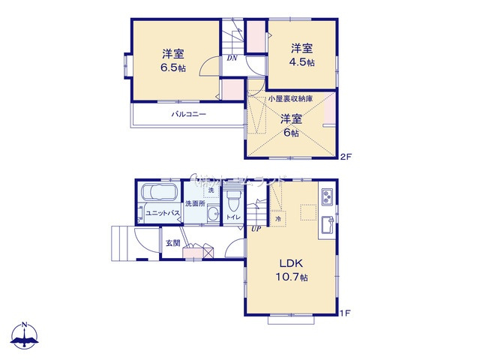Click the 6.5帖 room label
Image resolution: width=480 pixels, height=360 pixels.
(x=172, y=67)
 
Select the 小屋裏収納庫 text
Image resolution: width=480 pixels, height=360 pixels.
(x=291, y=98)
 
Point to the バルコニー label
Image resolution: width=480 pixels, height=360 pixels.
(x=188, y=115)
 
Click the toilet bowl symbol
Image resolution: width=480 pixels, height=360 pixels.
(x=232, y=201)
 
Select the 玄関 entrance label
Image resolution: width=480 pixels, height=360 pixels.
(x=173, y=243)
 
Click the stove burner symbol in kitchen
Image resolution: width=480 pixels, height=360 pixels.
(x=328, y=196)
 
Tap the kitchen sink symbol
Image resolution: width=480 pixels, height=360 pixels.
(x=328, y=224)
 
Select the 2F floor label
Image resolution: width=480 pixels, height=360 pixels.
(x=345, y=157)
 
